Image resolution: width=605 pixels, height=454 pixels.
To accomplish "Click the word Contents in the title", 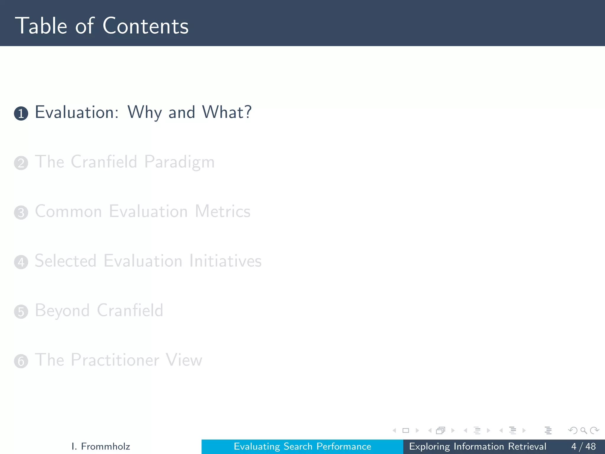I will click(145, 26).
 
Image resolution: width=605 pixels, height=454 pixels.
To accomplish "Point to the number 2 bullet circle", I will click(21, 163).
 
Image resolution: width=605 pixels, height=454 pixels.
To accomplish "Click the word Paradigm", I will click(179, 162).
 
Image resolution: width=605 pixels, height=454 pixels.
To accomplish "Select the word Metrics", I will click(222, 212).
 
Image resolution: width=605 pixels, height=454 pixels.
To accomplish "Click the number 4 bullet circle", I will click(21, 262).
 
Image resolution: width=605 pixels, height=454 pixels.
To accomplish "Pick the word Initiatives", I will click(225, 261).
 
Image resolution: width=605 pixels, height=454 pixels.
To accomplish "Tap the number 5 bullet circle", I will click(21, 312).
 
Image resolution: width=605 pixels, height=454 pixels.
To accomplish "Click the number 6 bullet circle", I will click(21, 361).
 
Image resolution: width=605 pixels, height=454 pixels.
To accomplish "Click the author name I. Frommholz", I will click(101, 446).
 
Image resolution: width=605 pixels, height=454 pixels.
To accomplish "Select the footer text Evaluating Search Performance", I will click(302, 446).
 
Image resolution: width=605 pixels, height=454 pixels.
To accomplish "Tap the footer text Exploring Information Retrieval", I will click(477, 446).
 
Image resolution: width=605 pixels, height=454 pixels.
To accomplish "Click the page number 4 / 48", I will click(583, 446).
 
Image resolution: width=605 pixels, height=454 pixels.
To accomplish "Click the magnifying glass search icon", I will click(583, 431).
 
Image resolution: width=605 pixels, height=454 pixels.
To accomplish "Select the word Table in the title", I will click(41, 26).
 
